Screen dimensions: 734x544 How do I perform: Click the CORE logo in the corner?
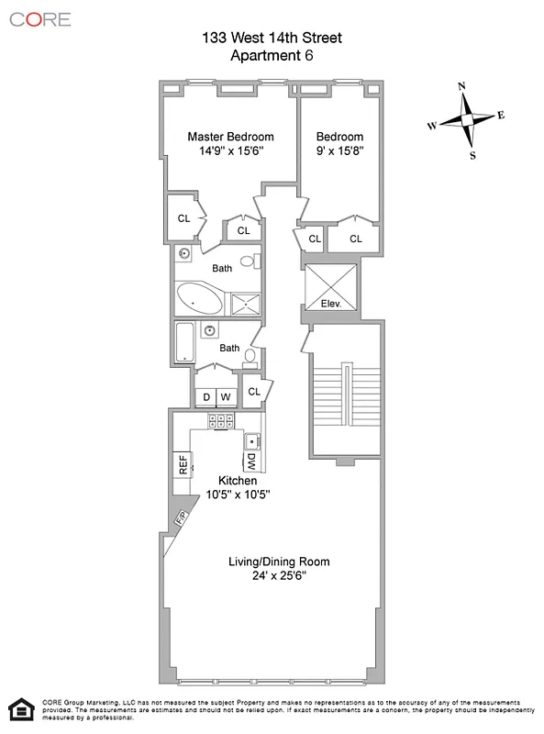[40, 18]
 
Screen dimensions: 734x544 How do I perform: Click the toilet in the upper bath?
[258, 261]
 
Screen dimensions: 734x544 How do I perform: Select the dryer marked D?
[205, 396]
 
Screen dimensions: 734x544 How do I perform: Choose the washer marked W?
[226, 396]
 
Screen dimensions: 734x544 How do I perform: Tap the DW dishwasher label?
[251, 461]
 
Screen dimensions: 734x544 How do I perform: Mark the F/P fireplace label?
[180, 519]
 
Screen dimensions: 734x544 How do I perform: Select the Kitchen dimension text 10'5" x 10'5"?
[237, 495]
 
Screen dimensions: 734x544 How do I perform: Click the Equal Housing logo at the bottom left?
[17, 709]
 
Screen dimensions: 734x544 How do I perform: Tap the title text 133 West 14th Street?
[272, 39]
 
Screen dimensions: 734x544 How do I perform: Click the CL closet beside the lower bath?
[254, 392]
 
